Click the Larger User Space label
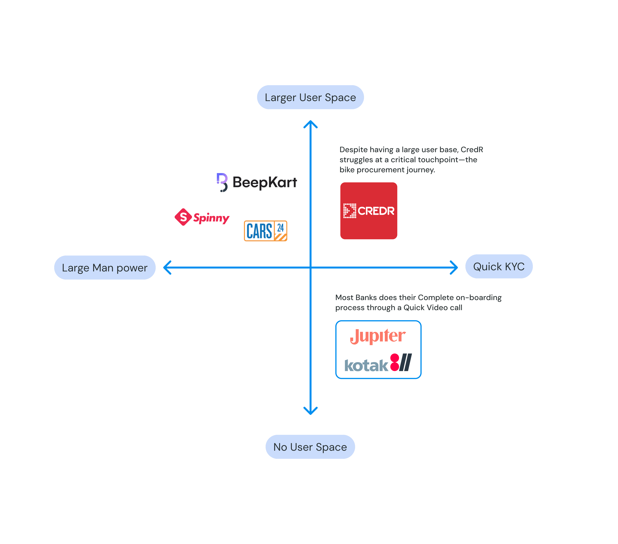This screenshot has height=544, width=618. pyautogui.click(x=310, y=97)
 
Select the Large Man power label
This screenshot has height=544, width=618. pyautogui.click(x=105, y=268)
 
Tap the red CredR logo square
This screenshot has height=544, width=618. pyautogui.click(x=369, y=211)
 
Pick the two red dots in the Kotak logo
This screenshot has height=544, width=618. pyautogui.click(x=395, y=362)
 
